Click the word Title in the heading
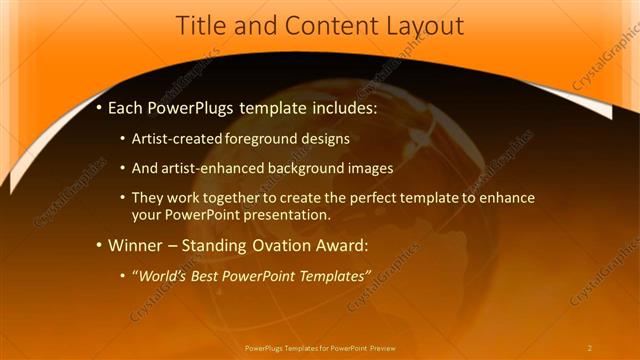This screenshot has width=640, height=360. pyautogui.click(x=201, y=26)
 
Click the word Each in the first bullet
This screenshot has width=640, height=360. pyautogui.click(x=128, y=107)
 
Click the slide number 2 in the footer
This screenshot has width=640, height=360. pyautogui.click(x=590, y=348)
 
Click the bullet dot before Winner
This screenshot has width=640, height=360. pyautogui.click(x=99, y=245)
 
